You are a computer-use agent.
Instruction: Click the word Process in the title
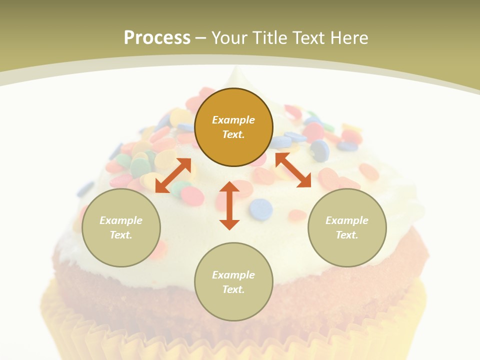pyautogui.click(x=157, y=38)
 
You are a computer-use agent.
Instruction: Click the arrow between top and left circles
pyautogui.click(x=173, y=175)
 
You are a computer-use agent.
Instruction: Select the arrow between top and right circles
pyautogui.click(x=293, y=170)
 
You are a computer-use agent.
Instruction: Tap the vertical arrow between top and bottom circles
pyautogui.click(x=229, y=205)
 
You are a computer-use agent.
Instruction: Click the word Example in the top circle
pyautogui.click(x=233, y=120)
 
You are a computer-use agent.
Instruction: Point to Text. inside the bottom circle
pyautogui.click(x=233, y=289)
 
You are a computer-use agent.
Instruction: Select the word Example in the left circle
pyautogui.click(x=121, y=220)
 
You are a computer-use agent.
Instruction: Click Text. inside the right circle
pyautogui.click(x=347, y=235)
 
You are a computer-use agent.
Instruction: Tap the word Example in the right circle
pyautogui.click(x=347, y=220)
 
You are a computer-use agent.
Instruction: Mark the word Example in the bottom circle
pyautogui.click(x=233, y=275)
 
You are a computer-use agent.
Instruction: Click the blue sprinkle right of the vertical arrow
pyautogui.click(x=261, y=209)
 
